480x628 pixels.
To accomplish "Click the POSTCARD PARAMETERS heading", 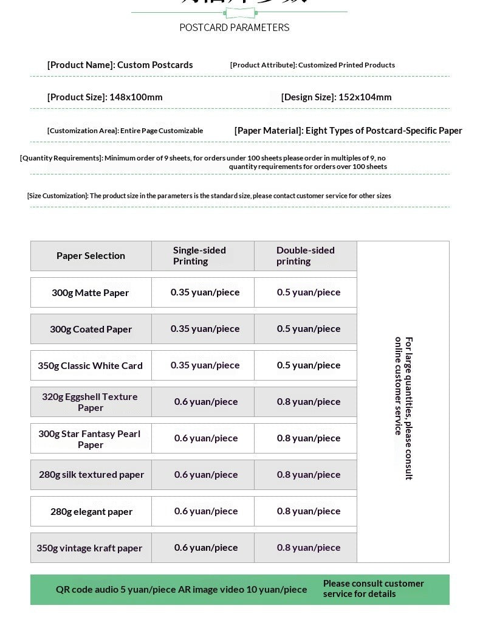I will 235,27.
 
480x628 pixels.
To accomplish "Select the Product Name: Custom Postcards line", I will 120,65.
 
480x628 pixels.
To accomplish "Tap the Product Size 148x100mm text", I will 105,97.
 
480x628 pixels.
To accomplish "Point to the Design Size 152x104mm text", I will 336,97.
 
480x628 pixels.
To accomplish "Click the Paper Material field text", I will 348,131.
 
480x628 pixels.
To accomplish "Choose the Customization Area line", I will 125,131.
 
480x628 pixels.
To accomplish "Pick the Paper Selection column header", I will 91,256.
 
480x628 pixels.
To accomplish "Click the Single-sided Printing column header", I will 199,256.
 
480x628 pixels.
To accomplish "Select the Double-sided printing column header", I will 305,256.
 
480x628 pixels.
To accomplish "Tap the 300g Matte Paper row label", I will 91,293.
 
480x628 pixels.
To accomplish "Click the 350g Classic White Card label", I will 91,366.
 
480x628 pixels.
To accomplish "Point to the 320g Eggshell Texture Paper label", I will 91,402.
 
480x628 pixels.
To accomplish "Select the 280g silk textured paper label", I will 91,475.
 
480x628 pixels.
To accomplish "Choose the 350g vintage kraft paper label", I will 89,548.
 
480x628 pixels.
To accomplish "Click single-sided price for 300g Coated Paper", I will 205,329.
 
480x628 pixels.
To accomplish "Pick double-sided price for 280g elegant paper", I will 309,511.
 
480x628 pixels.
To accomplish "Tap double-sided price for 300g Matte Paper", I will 309,292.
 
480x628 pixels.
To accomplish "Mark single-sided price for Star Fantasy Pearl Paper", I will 206,438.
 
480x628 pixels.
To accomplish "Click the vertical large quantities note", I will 403,407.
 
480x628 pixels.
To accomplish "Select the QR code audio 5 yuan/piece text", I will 116,590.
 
